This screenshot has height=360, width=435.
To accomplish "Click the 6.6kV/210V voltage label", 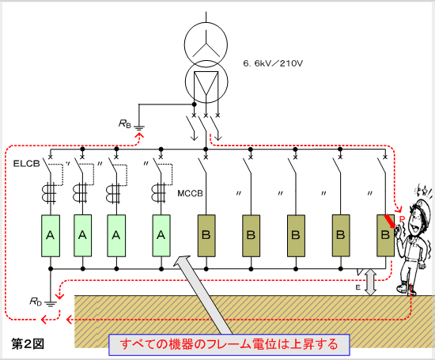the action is pyautogui.click(x=273, y=63).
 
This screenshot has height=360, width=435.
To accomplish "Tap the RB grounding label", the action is pyautogui.click(x=124, y=123).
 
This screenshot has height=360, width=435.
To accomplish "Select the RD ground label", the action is pyautogui.click(x=36, y=301).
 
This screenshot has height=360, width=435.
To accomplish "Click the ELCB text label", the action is pyautogui.click(x=27, y=164).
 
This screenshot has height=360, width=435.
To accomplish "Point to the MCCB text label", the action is pyautogui.click(x=190, y=193).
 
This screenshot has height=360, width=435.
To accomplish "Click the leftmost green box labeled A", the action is pyautogui.click(x=51, y=236).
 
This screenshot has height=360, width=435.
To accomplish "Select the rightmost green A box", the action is pyautogui.click(x=161, y=236).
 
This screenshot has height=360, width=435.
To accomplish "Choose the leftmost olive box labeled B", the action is pyautogui.click(x=206, y=236).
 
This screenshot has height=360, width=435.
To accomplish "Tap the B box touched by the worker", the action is pyautogui.click(x=385, y=236).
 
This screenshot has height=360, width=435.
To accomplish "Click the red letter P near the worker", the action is pyautogui.click(x=402, y=219).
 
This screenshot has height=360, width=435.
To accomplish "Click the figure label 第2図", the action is pyautogui.click(x=28, y=344).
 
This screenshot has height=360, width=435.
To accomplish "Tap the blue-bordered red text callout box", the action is pyautogui.click(x=229, y=345).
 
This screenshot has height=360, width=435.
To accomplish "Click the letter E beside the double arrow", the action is pyautogui.click(x=357, y=287).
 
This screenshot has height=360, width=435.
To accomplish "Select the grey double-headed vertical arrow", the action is pyautogui.click(x=370, y=282).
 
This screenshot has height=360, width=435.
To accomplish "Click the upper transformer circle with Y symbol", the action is pyautogui.click(x=206, y=45).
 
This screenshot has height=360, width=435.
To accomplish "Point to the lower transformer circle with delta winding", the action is pyautogui.click(x=206, y=81).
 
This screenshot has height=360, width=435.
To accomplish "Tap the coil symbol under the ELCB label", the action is pyautogui.click(x=49, y=191).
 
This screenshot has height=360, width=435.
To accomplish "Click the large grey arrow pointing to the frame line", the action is pyautogui.click(x=204, y=294).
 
